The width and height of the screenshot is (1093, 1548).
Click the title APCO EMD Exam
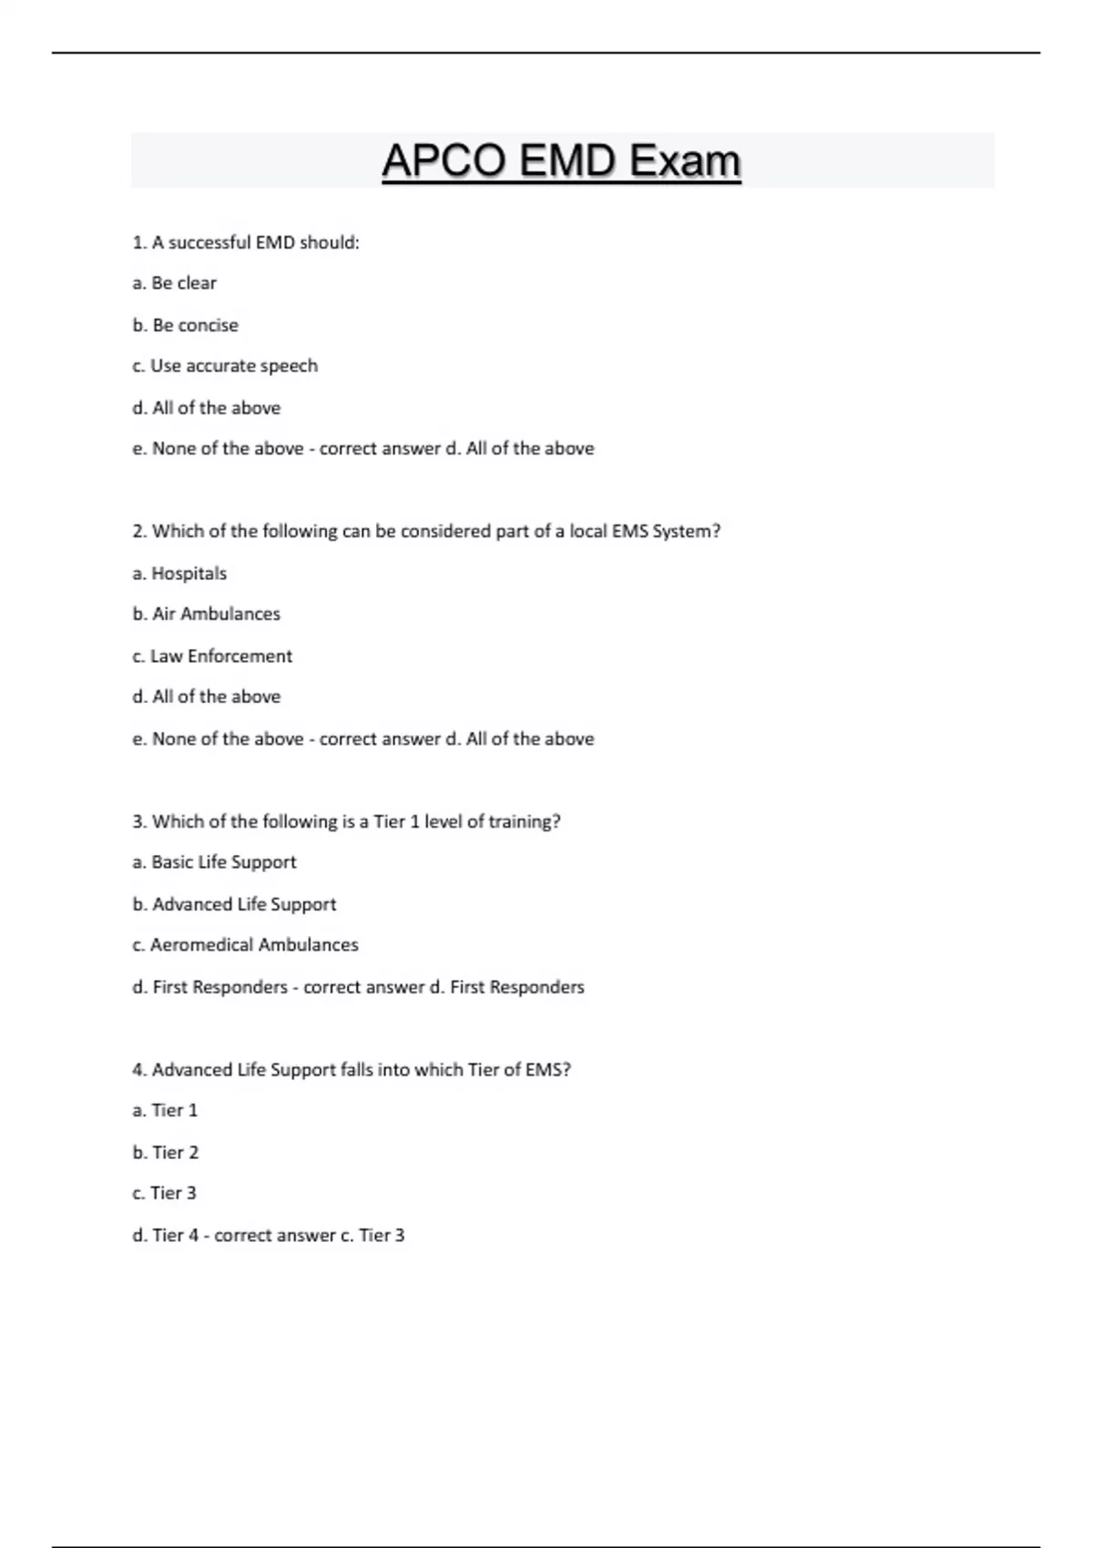[561, 161]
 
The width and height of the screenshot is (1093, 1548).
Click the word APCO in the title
[444, 161]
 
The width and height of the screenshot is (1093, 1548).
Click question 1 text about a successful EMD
[246, 242]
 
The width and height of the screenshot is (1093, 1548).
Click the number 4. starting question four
[139, 1070]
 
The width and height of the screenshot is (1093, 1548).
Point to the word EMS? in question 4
[547, 1070]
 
